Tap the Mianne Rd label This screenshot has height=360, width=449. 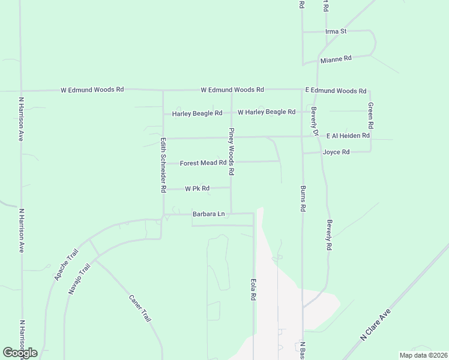coord(336,59)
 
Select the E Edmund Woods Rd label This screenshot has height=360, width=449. coord(336,91)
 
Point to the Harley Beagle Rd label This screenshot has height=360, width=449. coord(197,113)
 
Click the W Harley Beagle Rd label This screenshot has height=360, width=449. coord(267,112)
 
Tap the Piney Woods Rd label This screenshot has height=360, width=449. coord(231,151)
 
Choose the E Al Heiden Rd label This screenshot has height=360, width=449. coord(348,136)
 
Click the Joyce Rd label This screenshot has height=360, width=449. coord(336,152)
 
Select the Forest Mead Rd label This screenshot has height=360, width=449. coord(203,163)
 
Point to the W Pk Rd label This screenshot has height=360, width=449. coord(197,188)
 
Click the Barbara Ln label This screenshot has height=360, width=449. coord(208,214)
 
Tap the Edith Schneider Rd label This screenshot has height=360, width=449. coord(163,165)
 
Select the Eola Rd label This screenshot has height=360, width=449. coord(254,289)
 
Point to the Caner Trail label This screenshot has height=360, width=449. coord(139,308)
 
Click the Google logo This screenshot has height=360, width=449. coord(20,353)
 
